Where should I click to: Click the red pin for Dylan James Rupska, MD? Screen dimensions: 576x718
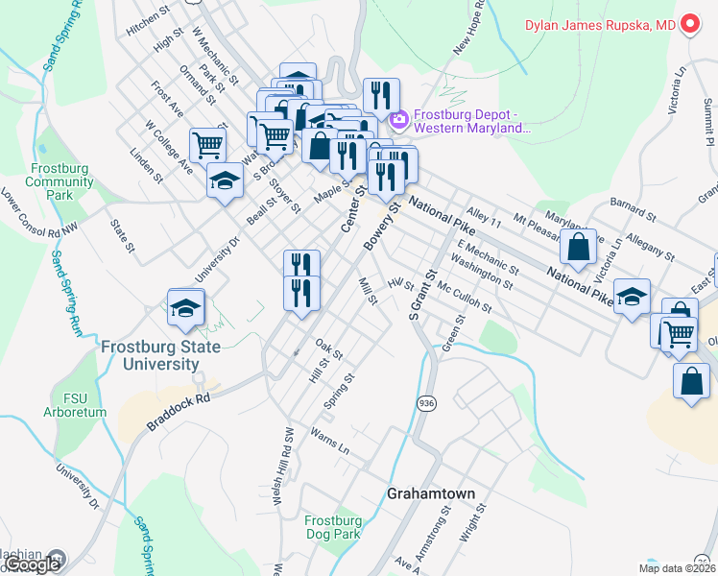[x=690, y=25]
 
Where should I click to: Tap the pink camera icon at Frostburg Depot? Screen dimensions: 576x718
[x=398, y=120]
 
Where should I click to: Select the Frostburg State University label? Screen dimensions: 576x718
[x=161, y=355]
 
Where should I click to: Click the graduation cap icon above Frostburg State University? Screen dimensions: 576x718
[x=186, y=307]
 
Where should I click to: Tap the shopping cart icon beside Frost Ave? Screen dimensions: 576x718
[x=208, y=146]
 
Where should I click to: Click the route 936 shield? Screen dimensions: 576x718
[x=427, y=404]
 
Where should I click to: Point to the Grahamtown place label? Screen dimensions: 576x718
[x=431, y=493]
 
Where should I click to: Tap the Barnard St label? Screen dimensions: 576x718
[x=631, y=204]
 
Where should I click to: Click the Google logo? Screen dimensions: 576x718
[x=34, y=564]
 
